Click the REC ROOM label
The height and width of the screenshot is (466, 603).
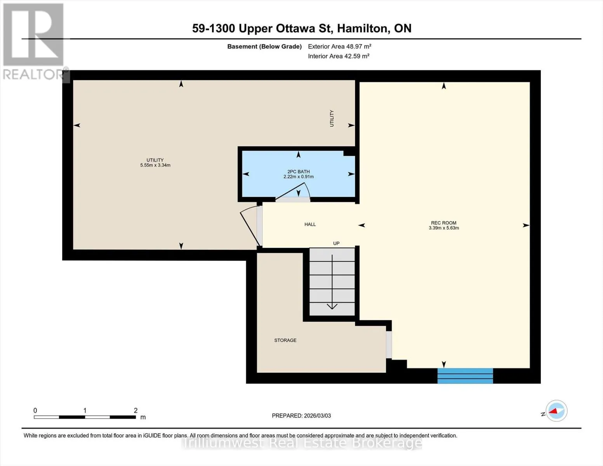click(443, 223)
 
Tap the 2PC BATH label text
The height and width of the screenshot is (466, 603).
click(298, 172)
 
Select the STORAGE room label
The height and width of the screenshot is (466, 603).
click(285, 340)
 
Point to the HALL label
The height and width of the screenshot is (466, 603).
click(310, 224)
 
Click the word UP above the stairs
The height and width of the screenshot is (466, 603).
click(336, 243)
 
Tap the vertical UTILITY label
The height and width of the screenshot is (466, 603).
click(332, 118)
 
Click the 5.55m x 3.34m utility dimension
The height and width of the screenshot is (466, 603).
click(155, 165)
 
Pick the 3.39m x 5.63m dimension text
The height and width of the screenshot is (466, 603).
click(443, 228)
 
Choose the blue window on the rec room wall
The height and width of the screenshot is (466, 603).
click(465, 376)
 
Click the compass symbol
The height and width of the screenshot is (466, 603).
click(556, 411)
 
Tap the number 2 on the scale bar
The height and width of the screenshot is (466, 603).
click(136, 410)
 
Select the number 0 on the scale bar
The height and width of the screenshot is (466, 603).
click(35, 410)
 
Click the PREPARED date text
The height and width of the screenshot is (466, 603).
click(301, 416)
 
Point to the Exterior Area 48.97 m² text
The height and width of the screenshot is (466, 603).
click(340, 46)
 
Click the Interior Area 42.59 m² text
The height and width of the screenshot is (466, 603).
click(339, 56)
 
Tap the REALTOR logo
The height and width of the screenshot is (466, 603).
click(34, 42)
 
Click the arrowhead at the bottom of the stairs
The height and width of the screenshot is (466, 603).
click(332, 306)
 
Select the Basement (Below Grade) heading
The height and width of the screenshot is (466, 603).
click(264, 47)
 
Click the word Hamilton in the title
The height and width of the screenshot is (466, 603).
click(362, 28)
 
